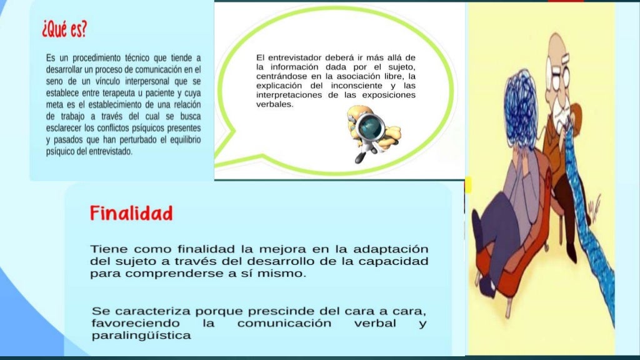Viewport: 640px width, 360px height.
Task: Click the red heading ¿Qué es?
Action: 64,28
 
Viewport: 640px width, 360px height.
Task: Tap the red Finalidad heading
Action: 131,214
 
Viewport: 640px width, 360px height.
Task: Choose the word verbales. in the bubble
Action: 275,104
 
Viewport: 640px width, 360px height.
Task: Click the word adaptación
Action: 391,249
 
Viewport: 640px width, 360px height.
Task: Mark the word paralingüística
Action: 141,336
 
